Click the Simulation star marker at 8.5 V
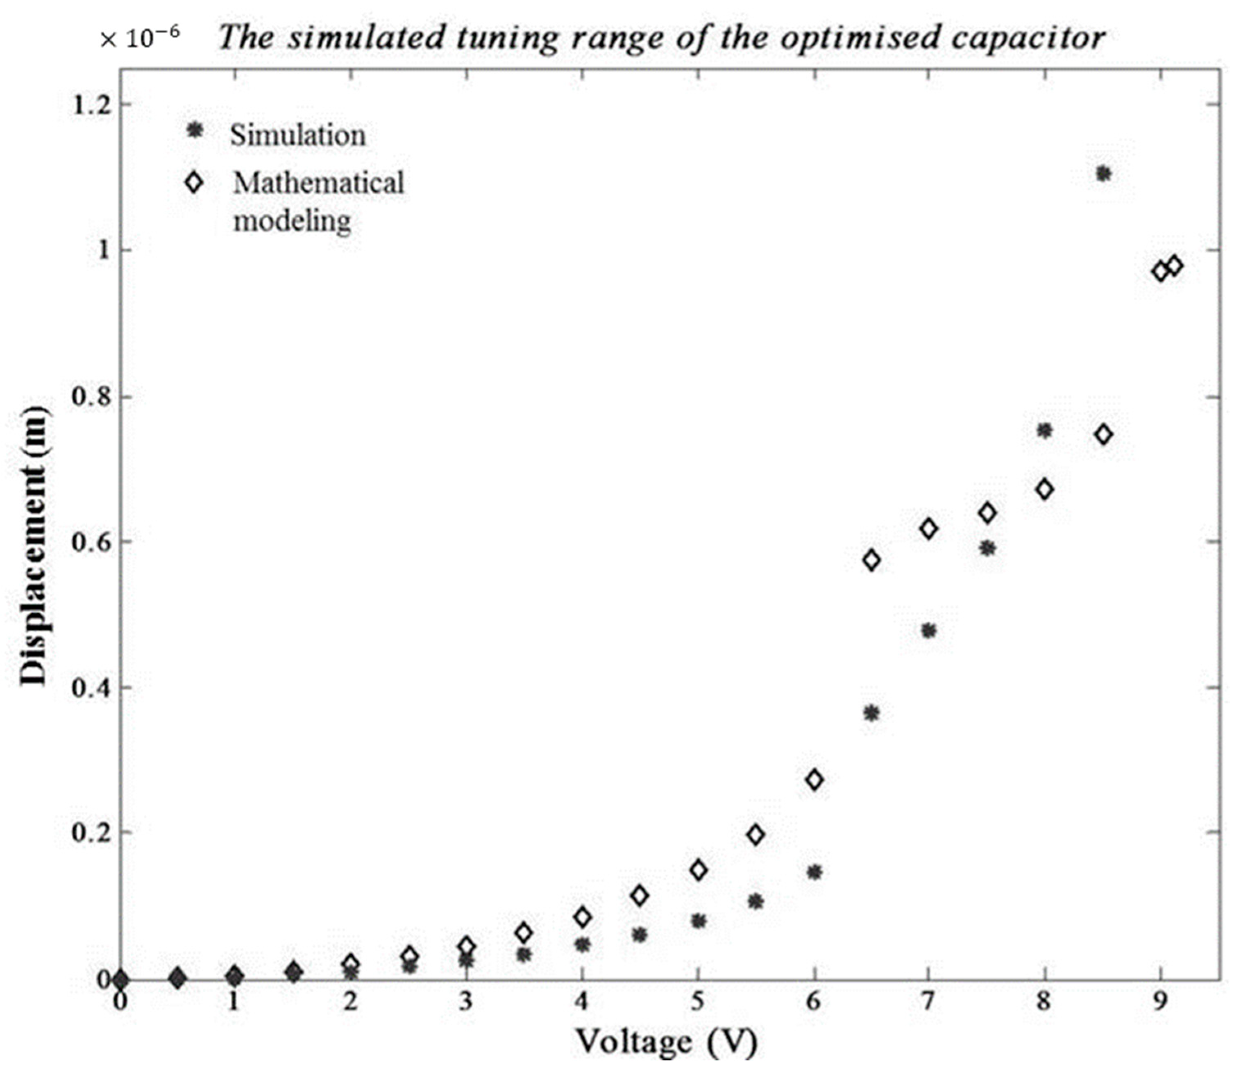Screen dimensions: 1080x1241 (1103, 174)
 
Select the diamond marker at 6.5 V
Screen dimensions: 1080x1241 (871, 560)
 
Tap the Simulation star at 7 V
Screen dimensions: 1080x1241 (928, 631)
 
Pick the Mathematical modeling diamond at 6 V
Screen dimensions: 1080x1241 (814, 780)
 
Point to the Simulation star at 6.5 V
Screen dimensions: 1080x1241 (871, 714)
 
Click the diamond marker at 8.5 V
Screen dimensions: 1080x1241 (1103, 435)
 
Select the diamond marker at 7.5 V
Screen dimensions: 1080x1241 (987, 513)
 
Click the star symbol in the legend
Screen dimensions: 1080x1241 (194, 130)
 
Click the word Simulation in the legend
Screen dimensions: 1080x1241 (298, 135)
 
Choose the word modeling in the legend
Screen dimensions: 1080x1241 (292, 221)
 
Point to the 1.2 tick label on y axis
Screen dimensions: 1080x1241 (92, 105)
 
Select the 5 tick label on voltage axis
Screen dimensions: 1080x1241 (697, 1002)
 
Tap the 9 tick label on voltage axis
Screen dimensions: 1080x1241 (1159, 1002)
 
